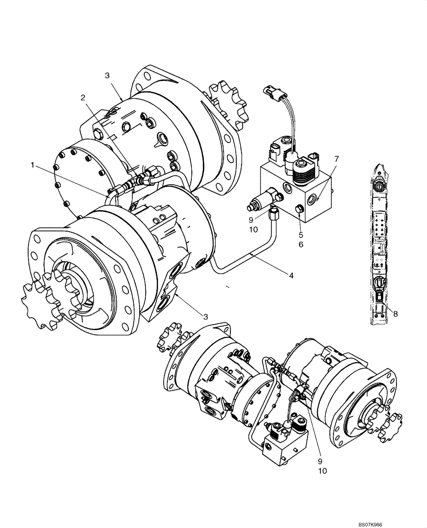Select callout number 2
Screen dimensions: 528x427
click(x=83, y=97)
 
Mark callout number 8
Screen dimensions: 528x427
click(x=395, y=313)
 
